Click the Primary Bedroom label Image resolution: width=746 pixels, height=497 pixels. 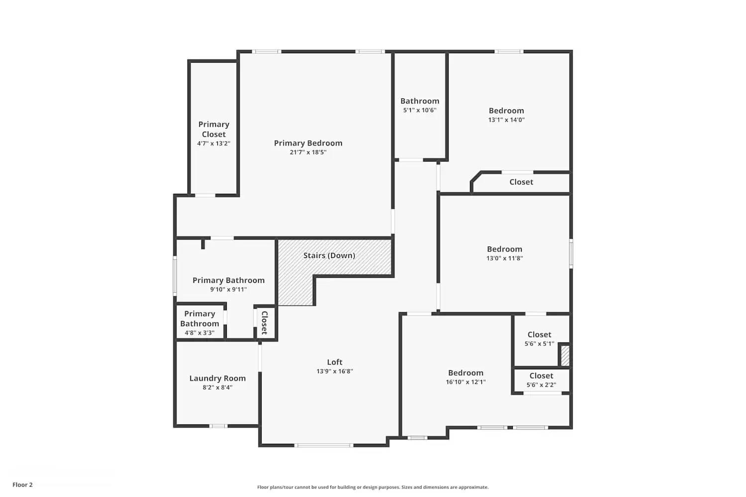click(x=308, y=143)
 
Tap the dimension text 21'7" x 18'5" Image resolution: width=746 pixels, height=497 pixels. click(x=308, y=153)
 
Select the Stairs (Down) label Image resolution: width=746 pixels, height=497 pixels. click(x=329, y=255)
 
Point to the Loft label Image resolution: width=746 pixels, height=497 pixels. click(x=335, y=362)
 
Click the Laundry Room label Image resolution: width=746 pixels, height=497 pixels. click(x=217, y=378)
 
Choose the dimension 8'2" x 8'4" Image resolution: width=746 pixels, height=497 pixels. click(x=217, y=388)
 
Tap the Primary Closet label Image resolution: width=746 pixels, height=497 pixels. click(x=214, y=129)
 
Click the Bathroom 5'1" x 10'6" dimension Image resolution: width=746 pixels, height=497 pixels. click(x=420, y=110)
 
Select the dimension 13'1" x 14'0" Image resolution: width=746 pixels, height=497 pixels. click(x=506, y=120)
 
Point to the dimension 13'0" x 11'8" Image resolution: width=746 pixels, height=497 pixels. click(x=504, y=258)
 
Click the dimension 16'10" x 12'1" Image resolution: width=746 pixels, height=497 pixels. click(x=466, y=382)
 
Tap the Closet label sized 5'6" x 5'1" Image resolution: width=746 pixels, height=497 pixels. click(x=540, y=334)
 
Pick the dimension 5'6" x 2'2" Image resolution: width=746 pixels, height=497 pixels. click(x=541, y=385)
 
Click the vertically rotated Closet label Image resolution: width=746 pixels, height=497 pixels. click(x=265, y=323)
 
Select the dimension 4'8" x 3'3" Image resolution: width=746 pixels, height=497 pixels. click(x=199, y=333)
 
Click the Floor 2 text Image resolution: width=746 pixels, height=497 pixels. click(x=22, y=485)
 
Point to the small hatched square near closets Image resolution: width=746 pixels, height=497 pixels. click(x=565, y=355)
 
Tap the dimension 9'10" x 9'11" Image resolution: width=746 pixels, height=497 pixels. click(x=228, y=290)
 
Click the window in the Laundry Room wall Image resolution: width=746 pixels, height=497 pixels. click(x=218, y=426)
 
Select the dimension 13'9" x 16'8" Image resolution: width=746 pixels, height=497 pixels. click(x=335, y=371)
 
